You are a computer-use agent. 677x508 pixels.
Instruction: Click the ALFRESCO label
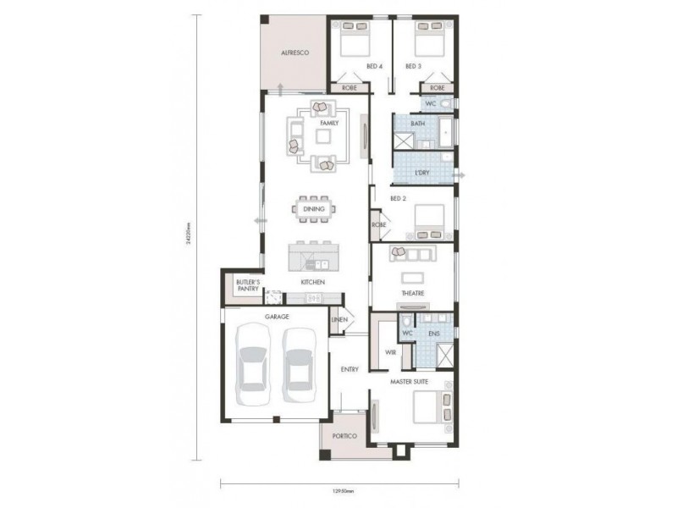click(x=294, y=53)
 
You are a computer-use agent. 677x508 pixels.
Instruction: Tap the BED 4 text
click(x=374, y=66)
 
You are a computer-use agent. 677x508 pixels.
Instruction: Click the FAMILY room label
click(x=328, y=124)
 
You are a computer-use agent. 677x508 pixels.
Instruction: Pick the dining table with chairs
click(x=314, y=209)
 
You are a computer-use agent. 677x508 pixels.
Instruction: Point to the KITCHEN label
click(x=312, y=282)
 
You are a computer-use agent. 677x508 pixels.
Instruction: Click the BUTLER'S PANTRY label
click(x=247, y=284)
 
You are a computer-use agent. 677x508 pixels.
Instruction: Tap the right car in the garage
click(x=300, y=366)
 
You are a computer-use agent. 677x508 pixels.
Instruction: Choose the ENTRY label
click(x=350, y=369)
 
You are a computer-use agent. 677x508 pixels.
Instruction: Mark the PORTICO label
click(x=344, y=436)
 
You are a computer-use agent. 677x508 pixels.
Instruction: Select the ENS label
click(x=435, y=334)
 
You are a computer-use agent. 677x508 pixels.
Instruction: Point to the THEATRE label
click(x=413, y=293)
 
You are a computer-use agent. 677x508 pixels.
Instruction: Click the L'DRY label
click(x=421, y=173)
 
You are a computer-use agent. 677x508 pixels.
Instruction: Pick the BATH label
click(x=417, y=124)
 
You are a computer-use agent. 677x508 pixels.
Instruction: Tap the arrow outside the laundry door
click(x=464, y=174)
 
